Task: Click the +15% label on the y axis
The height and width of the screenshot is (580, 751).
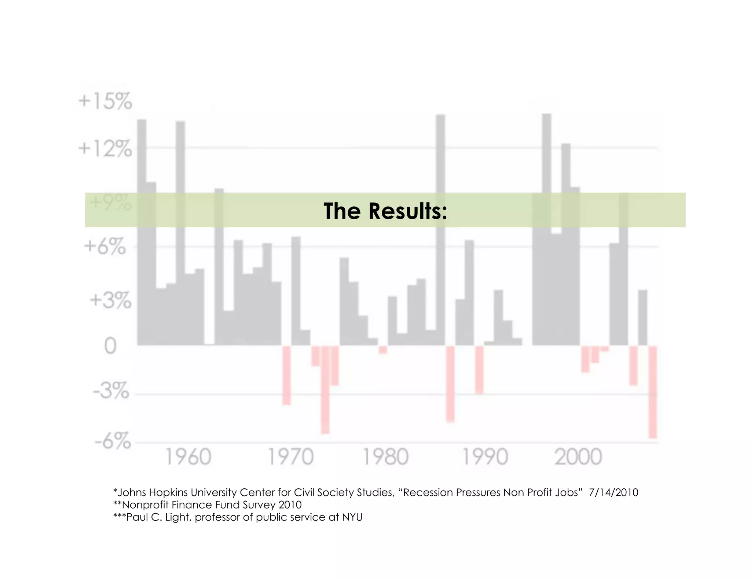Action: pyautogui.click(x=105, y=102)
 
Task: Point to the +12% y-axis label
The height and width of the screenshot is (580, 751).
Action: pyautogui.click(x=105, y=149)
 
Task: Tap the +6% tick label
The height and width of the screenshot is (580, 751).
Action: pyautogui.click(x=105, y=246)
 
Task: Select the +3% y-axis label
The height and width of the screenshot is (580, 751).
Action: pyautogui.click(x=110, y=301)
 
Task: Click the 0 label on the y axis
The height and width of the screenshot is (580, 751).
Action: pyautogui.click(x=110, y=346)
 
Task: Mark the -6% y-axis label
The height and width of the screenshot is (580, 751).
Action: pyautogui.click(x=113, y=441)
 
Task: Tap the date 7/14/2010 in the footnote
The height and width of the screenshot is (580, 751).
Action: pyautogui.click(x=613, y=492)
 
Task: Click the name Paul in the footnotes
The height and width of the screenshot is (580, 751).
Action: pyautogui.click(x=137, y=517)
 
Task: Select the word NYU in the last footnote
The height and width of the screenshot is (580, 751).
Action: pyautogui.click(x=352, y=517)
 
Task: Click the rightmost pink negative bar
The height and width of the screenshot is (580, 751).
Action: pyautogui.click(x=652, y=392)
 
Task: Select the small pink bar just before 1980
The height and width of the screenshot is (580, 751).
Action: pyautogui.click(x=383, y=350)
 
